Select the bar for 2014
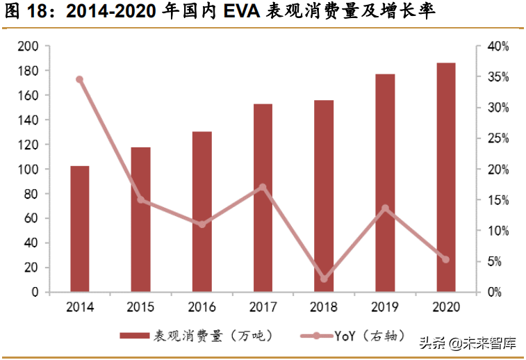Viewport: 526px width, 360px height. click(80, 229)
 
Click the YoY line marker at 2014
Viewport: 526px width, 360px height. click(80, 79)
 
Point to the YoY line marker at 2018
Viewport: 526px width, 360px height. click(324, 279)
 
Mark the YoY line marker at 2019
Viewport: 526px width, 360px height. click(385, 208)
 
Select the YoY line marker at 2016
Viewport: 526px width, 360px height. click(202, 224)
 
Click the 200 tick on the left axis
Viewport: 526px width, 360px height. click(28, 47)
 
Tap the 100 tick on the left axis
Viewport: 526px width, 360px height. click(28, 170)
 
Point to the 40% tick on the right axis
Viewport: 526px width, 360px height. click(498, 47)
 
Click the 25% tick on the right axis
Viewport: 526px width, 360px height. click(498, 139)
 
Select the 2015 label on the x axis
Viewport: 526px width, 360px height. click(141, 307)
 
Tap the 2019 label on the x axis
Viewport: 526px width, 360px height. click(385, 307)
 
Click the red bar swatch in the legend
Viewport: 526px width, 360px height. click(135, 336)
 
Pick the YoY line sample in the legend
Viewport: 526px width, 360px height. click(317, 336)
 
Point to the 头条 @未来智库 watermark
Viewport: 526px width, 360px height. click(466, 343)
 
